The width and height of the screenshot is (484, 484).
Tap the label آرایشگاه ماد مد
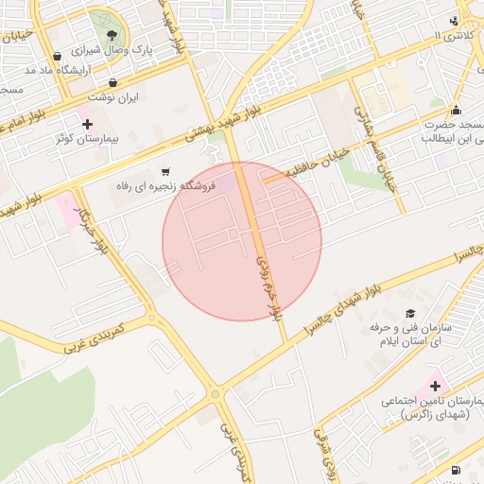pos(94,71)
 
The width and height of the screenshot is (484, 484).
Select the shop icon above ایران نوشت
pos(113,82)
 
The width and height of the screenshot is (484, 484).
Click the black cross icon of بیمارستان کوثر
pos(87,124)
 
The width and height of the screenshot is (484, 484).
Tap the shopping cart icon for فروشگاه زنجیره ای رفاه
pos(166,171)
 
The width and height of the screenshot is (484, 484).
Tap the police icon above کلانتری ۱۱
pos(456,21)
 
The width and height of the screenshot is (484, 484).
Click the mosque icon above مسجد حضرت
pos(457,110)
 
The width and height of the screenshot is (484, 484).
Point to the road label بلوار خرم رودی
pos(268,275)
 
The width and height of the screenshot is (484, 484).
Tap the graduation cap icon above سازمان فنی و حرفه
pos(409,313)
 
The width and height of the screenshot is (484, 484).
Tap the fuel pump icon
pos(457,470)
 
